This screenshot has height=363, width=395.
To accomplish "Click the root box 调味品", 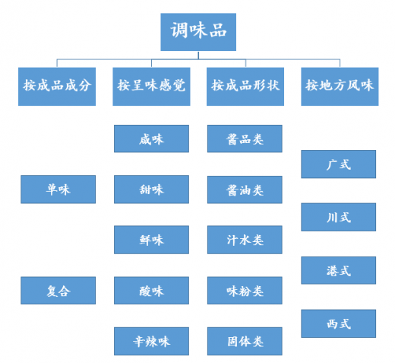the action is [x=198, y=32].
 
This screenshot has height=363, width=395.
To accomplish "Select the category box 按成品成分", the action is [x=57, y=87].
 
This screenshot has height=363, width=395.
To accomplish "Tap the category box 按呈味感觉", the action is [x=151, y=87].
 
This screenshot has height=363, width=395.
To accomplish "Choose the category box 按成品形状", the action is [x=245, y=87].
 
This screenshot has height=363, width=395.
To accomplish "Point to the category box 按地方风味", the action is [x=340, y=87].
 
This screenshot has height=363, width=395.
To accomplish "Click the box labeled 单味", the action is [x=58, y=189].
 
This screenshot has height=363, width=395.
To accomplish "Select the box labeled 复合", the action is [x=58, y=291].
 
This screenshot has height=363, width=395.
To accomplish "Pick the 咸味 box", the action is [x=151, y=139].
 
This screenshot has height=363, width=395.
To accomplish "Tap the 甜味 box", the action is [x=151, y=189].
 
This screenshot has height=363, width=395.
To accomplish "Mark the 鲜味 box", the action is [x=151, y=240].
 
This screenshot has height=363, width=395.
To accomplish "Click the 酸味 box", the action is [x=151, y=291].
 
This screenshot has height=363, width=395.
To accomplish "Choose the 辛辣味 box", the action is [x=151, y=341].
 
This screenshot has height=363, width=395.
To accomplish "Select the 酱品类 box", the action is [x=245, y=139].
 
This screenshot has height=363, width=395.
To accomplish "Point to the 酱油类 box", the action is [x=245, y=189].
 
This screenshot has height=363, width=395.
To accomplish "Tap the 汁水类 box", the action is [x=245, y=240].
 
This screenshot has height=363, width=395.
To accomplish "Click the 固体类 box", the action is [x=245, y=341].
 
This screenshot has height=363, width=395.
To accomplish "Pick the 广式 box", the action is [x=339, y=164].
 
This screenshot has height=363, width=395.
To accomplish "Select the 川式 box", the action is [x=339, y=217].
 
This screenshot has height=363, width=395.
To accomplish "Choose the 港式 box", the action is [x=339, y=270].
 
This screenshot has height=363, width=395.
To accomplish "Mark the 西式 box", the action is [x=339, y=323].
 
